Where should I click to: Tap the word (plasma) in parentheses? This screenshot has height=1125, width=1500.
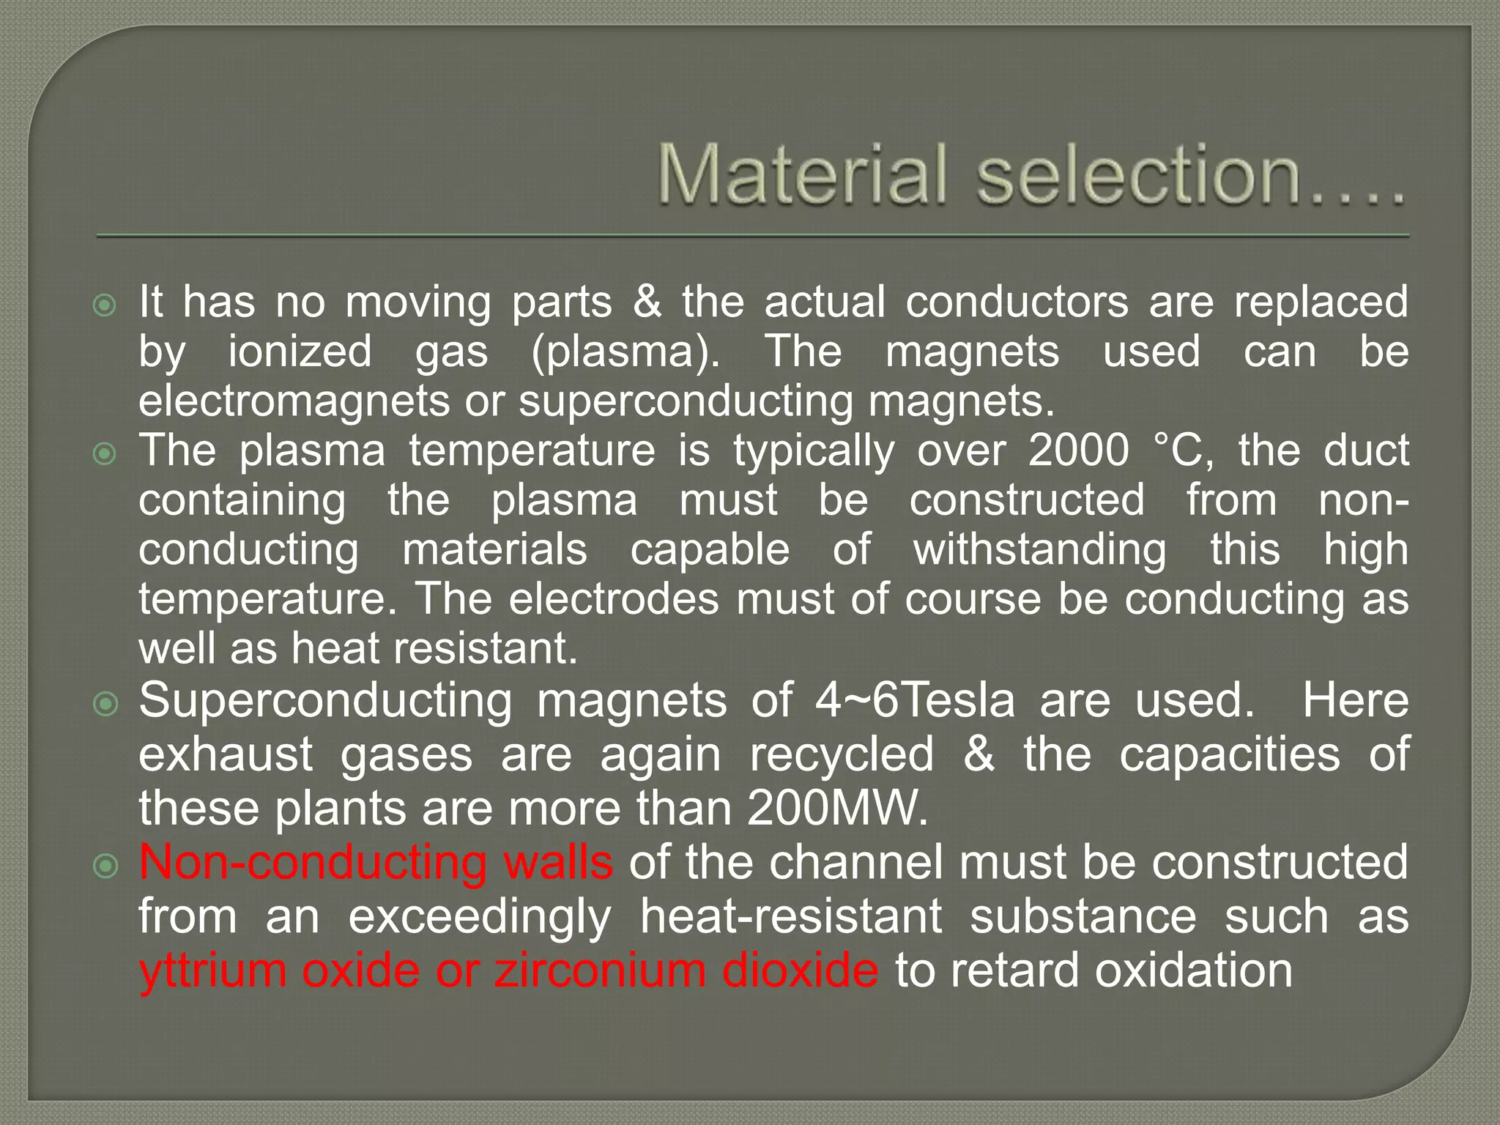tap(626, 352)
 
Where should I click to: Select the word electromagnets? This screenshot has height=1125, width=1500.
tap(294, 401)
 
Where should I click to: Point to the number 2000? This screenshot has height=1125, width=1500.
tap(1078, 450)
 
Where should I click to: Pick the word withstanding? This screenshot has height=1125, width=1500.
tap(1039, 551)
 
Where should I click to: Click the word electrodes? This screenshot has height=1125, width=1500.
tap(614, 600)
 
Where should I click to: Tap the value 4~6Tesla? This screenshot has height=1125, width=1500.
tap(915, 700)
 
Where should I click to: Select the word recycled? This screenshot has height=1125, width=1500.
tap(842, 754)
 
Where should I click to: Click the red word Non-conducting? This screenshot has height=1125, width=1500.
tap(313, 863)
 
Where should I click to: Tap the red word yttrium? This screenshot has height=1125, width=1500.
tap(212, 971)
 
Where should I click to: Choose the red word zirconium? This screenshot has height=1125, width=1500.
tap(599, 971)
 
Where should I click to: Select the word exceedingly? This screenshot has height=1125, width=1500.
tap(479, 917)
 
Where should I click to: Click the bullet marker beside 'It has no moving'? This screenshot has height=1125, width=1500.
tap(105, 305)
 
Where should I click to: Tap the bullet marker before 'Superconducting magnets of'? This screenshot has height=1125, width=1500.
tap(105, 705)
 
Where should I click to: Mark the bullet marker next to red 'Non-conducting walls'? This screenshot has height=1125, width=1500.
tap(105, 867)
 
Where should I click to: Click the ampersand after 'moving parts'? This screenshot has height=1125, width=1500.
tap(647, 302)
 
